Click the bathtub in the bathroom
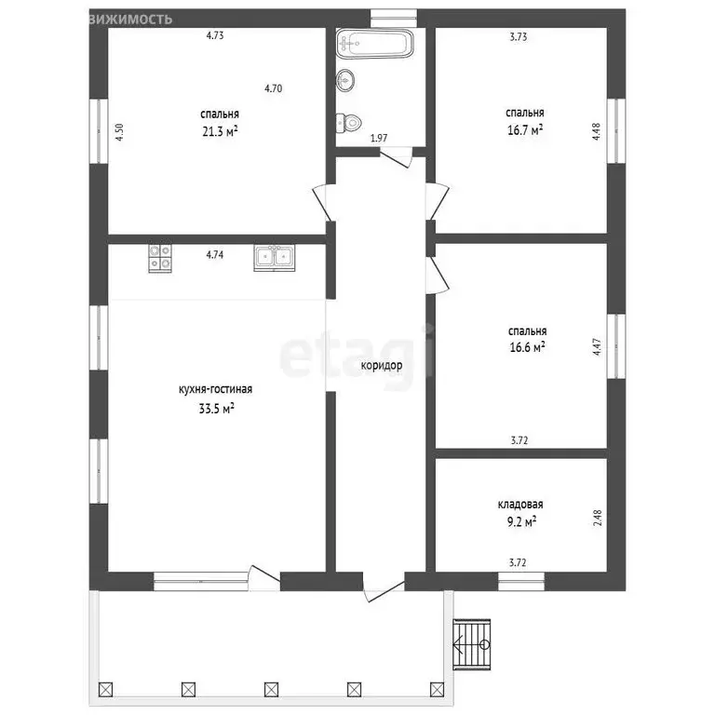coord(375,44)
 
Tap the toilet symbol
coord(349,122)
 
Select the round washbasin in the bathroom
coord(345,81)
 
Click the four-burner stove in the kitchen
coord(160,258)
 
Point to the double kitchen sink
coord(275,258)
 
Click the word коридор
coord(382,365)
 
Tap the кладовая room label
coord(520,505)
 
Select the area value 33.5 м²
coord(217,408)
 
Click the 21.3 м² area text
coord(221,131)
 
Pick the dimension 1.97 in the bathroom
coord(379,138)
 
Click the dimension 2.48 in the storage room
coord(598,518)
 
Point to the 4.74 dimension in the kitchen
coord(215,254)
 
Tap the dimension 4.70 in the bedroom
coord(273,88)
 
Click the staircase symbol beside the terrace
coord(472,644)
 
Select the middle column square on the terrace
coord(271,689)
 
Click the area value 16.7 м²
coord(525,130)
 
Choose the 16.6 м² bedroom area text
coord(528,347)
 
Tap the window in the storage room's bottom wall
coord(520,581)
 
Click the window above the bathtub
coord(394,19)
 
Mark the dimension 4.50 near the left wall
coord(119,132)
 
